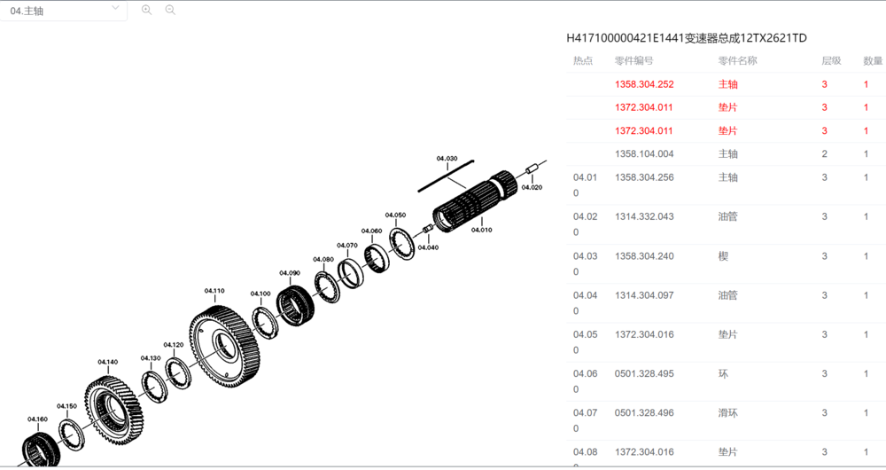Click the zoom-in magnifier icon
[147, 10]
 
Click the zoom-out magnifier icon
[170, 10]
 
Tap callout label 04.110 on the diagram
[214, 291]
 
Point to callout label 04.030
[447, 159]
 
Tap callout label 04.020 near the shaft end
[532, 188]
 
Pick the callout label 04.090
[290, 273]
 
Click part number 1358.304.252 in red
[644, 85]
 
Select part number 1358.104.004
[644, 154]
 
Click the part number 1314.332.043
[644, 216]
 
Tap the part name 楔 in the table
[723, 256]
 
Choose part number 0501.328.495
[644, 373]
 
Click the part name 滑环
[727, 412]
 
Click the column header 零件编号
[634, 61]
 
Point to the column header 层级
[830, 61]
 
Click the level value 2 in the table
[825, 154]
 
